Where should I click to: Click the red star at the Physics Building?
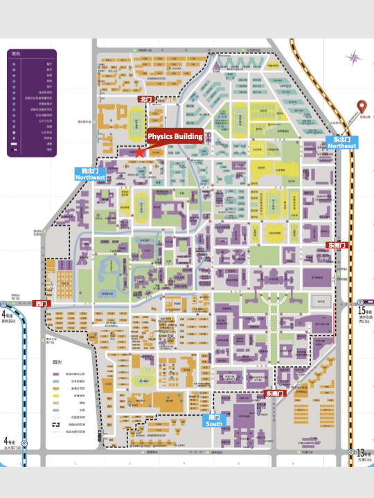(x=139, y=150)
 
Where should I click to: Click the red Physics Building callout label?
(x=175, y=136)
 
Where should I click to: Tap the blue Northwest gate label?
(x=91, y=174)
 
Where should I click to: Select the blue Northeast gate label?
(x=342, y=142)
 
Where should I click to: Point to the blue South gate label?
(x=215, y=421)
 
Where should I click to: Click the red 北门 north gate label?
(x=145, y=100)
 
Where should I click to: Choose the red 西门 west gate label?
(x=42, y=304)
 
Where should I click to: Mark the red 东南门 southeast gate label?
(x=275, y=394)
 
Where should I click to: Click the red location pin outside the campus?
(x=361, y=107)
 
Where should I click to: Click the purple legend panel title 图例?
(x=15, y=53)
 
